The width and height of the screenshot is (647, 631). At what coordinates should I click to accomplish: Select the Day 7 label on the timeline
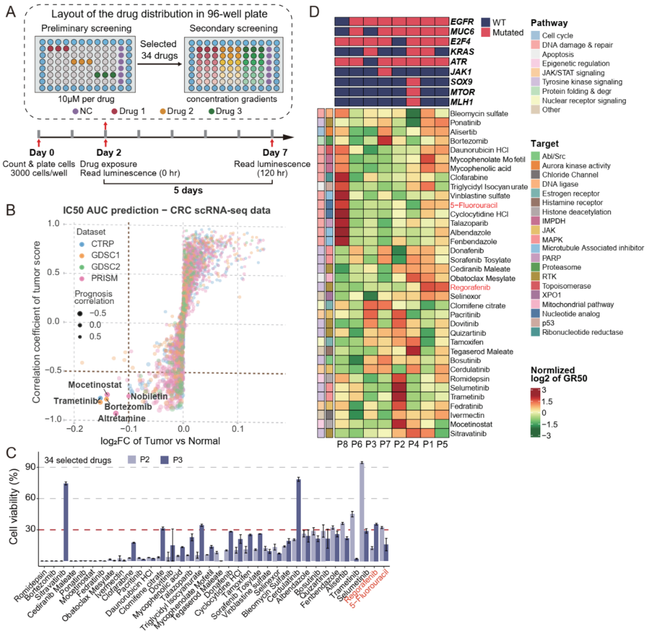tap(275, 153)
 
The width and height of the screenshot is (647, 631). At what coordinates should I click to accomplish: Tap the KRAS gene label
tap(462, 52)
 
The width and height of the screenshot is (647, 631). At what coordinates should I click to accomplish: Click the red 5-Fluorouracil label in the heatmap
tap(474, 205)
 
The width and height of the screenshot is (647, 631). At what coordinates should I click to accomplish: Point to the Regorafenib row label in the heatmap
tap(470, 287)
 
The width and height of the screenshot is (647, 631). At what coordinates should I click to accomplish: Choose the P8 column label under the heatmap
tap(342, 444)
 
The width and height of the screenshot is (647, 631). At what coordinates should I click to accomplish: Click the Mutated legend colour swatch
tap(485, 33)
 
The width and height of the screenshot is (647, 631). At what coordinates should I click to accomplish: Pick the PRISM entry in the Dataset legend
tap(104, 278)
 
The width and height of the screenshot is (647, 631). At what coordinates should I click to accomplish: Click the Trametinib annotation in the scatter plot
tap(76, 401)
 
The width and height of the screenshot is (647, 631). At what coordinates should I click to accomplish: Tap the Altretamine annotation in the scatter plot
tap(121, 418)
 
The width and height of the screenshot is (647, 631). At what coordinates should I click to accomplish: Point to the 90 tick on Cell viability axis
tap(31, 467)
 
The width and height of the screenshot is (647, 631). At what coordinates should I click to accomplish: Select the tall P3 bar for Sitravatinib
tap(66, 522)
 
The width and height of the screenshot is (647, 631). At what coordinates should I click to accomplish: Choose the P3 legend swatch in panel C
tap(164, 460)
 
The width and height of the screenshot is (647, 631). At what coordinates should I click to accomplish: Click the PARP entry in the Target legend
tap(551, 258)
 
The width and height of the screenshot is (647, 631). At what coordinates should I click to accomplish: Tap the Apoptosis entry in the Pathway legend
tap(557, 55)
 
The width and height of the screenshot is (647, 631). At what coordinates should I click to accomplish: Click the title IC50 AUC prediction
tap(166, 210)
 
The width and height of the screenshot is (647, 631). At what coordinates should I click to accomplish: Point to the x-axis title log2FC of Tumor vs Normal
tap(160, 441)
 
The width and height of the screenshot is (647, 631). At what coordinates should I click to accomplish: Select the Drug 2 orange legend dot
tap(162, 111)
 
